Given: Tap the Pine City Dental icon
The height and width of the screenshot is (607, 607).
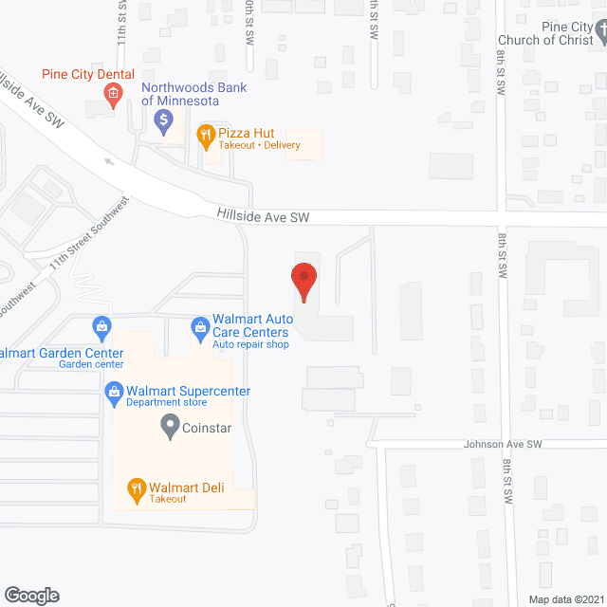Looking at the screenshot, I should point(112,93).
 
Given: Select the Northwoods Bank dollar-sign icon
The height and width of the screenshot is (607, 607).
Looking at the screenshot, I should point(163,120).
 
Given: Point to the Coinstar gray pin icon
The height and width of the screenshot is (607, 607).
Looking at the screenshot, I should point(170,426).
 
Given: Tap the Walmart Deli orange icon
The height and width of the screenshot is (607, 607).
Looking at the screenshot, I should point(137,490).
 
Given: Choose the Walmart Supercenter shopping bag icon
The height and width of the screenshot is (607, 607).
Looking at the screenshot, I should point(113,391).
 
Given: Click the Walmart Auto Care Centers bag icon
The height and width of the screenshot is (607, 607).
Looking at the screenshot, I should point(200,329).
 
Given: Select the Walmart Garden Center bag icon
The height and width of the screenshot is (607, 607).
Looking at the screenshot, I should point(99,329).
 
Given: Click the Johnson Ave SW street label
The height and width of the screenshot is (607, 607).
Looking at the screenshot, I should point(502,444).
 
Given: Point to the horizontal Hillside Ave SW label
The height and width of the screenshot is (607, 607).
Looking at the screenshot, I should point(263,217).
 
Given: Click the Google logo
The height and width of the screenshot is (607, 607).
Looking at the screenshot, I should point(31,595).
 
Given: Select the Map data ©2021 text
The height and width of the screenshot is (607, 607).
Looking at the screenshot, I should point(565,598).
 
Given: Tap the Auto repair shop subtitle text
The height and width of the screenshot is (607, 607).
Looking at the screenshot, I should point(250,344).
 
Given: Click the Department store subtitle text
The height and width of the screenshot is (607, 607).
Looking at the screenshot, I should point(166,402).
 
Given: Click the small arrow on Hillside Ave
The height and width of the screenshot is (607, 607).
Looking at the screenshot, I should point(110,161).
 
